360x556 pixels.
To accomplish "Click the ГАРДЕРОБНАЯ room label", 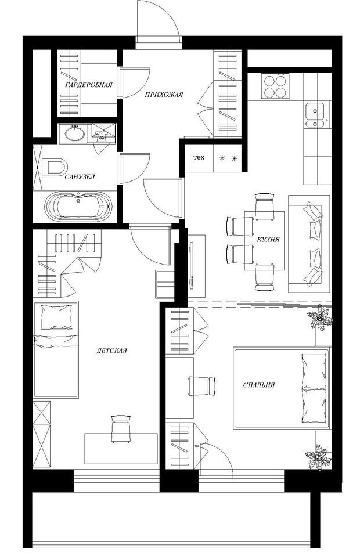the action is coord(89,85).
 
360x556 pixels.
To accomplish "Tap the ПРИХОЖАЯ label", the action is coord(164,95).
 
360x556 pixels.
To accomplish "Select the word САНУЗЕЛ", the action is coord(80,176).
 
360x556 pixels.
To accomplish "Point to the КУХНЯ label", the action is coord(268,239).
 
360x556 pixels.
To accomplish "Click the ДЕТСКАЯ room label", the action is coord(111,351).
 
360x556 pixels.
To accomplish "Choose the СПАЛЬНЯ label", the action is coord(259,385).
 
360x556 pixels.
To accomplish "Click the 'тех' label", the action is coord(199,157).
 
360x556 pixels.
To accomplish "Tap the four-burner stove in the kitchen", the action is coord(275,86).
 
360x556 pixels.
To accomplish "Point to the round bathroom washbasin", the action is coord(75,133).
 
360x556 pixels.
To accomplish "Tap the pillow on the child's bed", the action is coord(57,317).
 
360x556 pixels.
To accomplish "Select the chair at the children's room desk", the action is coord(121,429).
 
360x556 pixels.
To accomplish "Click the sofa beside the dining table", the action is coord(309,244).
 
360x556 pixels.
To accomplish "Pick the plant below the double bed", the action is coord(319,457).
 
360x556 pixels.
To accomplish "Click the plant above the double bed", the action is coord(321,318).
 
